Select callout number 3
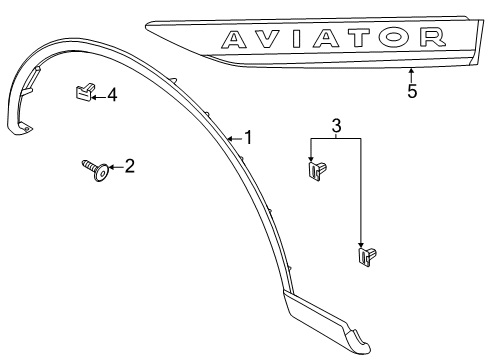pos(336,126)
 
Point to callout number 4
pos(112,95)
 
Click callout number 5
pos(411,92)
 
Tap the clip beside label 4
pos(83,94)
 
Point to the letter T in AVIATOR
pos(371,38)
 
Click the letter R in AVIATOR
pos(433,38)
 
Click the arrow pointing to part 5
pos(411,73)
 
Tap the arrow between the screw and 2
pos(114,168)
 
